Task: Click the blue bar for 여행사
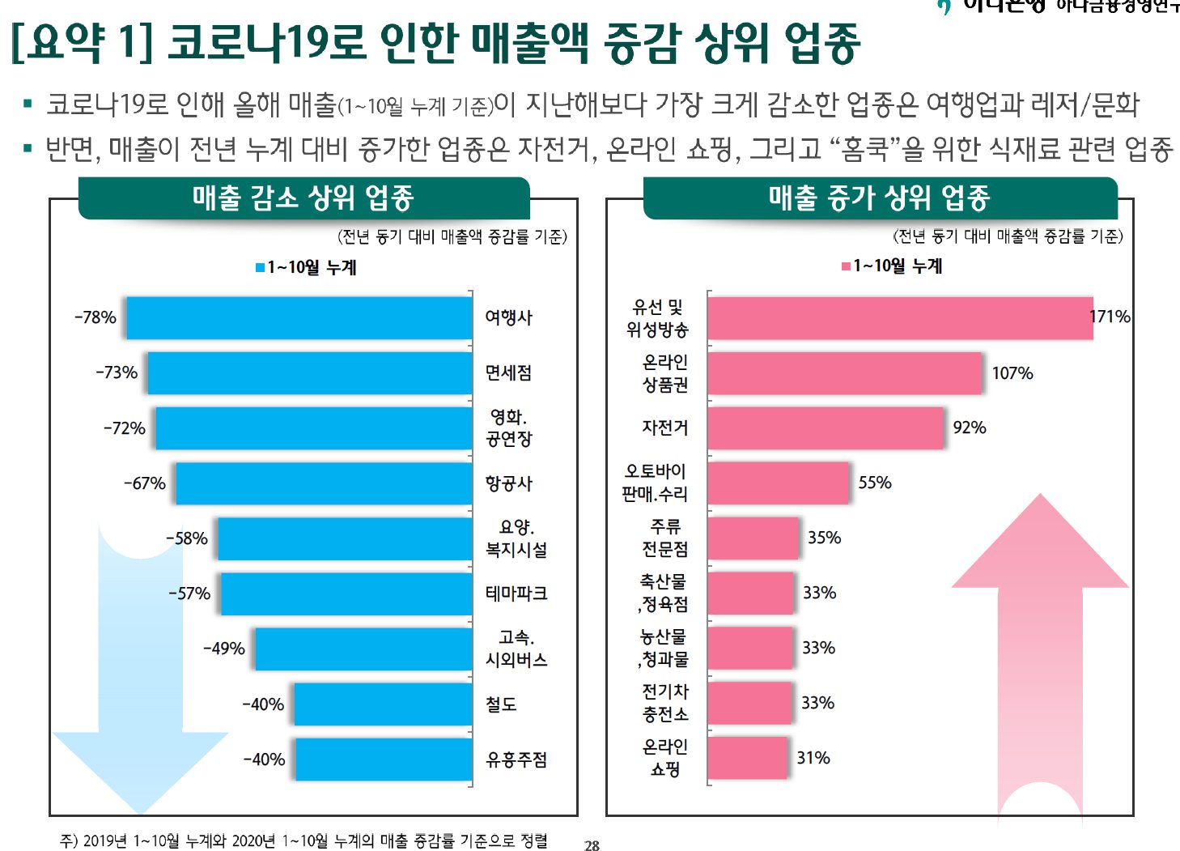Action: [299, 317]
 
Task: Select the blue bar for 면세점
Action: [309, 372]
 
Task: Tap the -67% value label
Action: [145, 483]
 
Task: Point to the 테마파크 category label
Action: [516, 594]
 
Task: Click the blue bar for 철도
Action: [383, 704]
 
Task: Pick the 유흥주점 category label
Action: [516, 760]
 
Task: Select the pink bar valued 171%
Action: [900, 317]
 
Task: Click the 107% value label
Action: [1012, 373]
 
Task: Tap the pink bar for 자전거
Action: [826, 428]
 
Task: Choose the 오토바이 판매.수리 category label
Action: [656, 483]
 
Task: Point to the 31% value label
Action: [813, 758]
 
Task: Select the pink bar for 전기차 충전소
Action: [750, 703]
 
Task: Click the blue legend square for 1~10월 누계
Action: [260, 267]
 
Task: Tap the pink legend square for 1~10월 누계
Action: [846, 266]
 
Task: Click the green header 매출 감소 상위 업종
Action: [303, 198]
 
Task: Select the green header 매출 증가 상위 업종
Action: [880, 198]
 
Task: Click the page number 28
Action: [592, 845]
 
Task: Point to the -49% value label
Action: [224, 649]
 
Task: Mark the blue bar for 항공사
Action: [324, 483]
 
